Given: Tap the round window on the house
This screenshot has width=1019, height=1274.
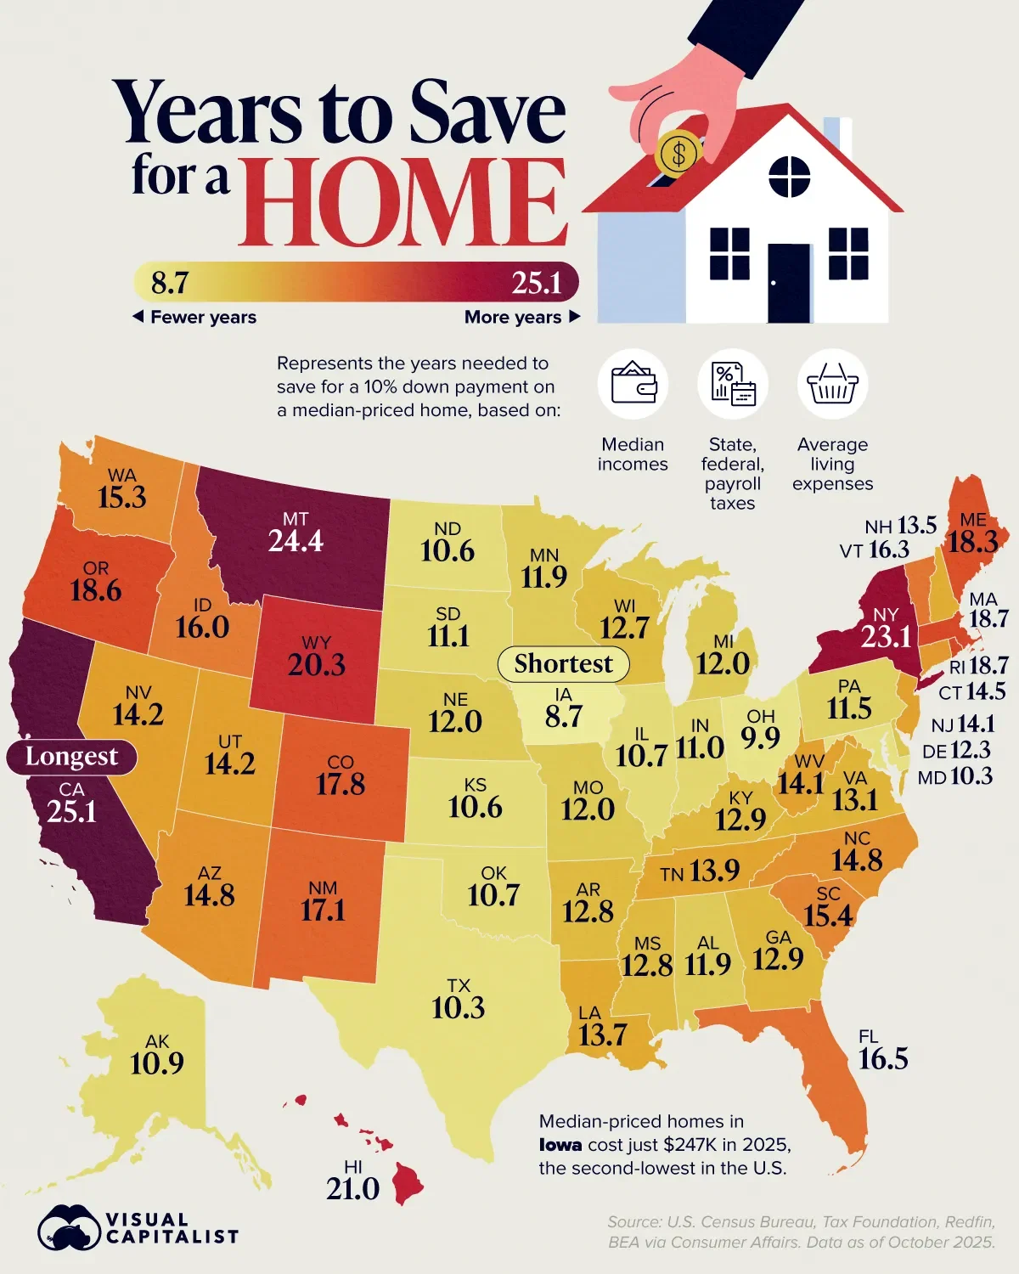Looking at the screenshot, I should point(790,177).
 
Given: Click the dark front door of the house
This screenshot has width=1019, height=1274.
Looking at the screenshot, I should point(789,282).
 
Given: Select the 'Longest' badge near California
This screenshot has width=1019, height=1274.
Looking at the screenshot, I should point(71,756).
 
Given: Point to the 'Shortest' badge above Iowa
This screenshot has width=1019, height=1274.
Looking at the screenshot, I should point(563,663).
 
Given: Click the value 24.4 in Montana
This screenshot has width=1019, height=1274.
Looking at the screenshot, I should point(296,541).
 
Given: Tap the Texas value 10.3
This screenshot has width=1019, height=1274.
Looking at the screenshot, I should point(458,1008).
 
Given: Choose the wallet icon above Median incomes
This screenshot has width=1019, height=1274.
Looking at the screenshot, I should point(633,384).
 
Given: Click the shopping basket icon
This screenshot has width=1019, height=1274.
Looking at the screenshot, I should point(832,385).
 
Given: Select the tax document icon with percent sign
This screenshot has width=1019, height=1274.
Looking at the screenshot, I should point(732,384).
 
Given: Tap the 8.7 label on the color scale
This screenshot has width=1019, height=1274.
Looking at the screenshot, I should point(170,283).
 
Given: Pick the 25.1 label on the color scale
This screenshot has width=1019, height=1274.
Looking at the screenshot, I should point(536,283).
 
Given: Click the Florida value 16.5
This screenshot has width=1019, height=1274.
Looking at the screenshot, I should point(883,1059).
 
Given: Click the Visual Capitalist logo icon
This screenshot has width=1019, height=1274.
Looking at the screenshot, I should point(68,1228).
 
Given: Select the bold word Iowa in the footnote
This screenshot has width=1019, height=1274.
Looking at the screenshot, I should point(560,1145).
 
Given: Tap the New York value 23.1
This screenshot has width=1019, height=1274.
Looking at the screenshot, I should point(886,636).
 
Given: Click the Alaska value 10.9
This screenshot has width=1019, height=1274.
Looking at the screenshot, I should point(157,1063).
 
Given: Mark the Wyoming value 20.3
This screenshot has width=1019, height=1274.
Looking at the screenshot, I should point(316,664).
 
